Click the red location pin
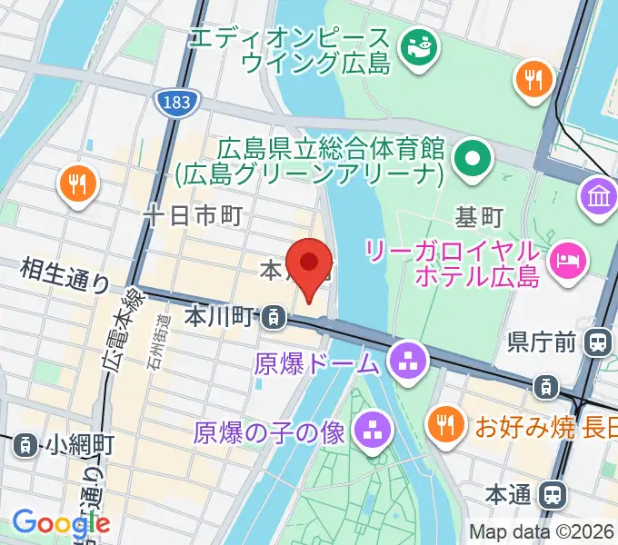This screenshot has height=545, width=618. tap(310, 266)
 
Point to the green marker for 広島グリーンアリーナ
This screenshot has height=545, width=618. tap(473, 160)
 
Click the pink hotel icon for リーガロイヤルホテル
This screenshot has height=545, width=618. tap(566, 260)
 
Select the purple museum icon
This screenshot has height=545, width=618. tap(599, 197)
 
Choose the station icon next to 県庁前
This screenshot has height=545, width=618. tap(598, 342)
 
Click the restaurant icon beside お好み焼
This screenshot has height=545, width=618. tap(444, 423)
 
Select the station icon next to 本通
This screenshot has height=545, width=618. tap(550, 495)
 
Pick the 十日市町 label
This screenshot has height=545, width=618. tap(194, 215)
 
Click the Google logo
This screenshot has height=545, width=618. tap(61, 523)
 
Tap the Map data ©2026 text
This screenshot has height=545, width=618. tap(541, 532)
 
